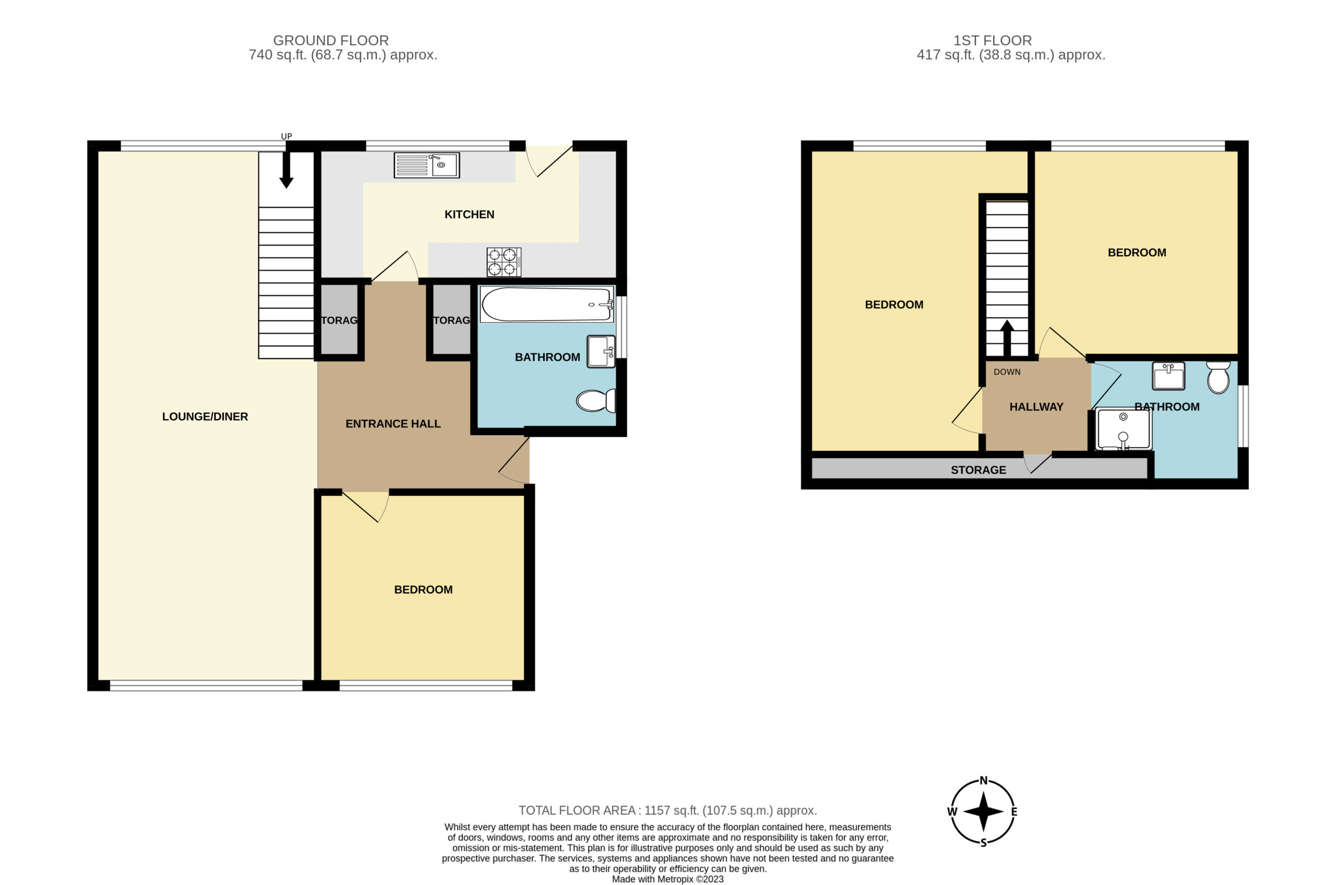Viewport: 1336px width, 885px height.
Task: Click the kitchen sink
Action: [426, 165]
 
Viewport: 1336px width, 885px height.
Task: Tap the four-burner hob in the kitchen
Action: [504, 262]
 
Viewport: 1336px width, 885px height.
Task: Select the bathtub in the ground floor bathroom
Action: [547, 305]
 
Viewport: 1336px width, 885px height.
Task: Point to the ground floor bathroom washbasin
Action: [601, 352]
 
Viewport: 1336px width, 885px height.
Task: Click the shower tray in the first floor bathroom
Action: [1123, 429]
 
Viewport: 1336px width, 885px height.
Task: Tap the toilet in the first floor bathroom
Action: [1218, 377]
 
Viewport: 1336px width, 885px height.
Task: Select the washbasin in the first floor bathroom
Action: [1168, 376]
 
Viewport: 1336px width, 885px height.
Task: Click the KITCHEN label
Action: [469, 214]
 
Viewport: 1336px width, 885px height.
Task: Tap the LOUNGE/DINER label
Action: [205, 416]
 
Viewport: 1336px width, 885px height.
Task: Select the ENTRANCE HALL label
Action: [393, 424]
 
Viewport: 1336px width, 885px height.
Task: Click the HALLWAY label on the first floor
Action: [1036, 407]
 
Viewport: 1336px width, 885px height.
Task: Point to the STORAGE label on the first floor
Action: [978, 470]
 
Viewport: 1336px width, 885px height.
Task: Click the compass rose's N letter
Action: [983, 781]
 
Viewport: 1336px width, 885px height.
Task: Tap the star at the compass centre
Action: [983, 812]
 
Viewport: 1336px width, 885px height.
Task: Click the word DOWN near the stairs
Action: [1007, 372]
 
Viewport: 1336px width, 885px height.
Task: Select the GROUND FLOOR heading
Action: [331, 41]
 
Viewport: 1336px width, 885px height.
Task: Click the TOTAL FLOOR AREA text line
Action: [667, 810]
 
